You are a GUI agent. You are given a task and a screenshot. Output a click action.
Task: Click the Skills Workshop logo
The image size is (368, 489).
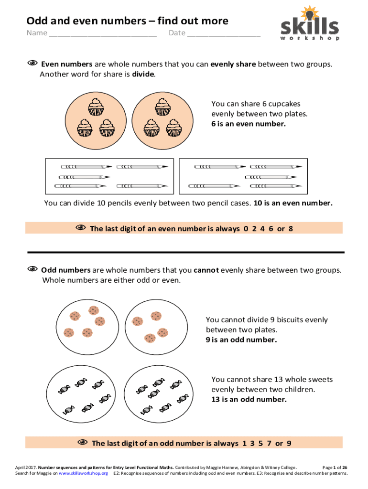[x=310, y=24]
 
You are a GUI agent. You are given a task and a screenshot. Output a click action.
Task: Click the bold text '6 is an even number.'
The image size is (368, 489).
[x=249, y=124]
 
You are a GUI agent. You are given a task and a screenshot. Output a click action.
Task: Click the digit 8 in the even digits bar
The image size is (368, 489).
[x=290, y=228]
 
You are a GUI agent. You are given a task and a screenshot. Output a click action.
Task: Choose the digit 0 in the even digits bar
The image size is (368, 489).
[x=246, y=228]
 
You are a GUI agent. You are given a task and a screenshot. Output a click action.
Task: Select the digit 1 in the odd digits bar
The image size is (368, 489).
[x=245, y=444]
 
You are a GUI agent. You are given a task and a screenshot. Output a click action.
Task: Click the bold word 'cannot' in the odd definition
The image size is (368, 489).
[x=206, y=270]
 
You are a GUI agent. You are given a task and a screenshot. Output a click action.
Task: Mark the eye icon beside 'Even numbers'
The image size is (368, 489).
[x=32, y=64]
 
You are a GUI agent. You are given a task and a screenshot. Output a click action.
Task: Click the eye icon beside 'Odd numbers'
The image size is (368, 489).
[x=32, y=270]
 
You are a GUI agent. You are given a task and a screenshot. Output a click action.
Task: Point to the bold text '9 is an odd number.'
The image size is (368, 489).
[x=241, y=340]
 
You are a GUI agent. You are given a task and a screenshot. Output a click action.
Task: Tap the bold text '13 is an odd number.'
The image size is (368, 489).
[x=249, y=400]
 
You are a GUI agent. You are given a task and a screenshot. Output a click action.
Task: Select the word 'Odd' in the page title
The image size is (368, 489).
[x=36, y=21]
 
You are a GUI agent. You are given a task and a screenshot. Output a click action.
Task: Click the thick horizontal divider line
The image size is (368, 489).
[x=186, y=252]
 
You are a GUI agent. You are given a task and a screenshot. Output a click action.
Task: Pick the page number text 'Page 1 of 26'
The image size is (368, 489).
[x=335, y=468]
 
